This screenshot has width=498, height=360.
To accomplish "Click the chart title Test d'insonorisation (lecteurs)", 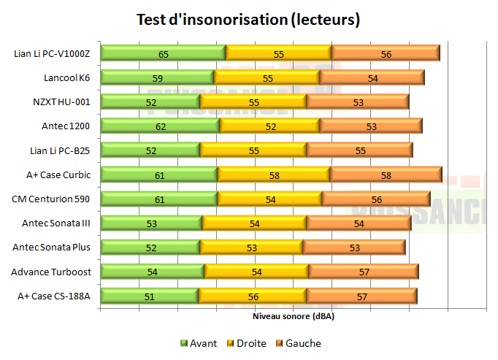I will [248, 20].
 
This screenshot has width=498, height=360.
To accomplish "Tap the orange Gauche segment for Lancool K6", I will [372, 77].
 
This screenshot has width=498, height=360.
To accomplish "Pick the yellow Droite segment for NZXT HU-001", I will [253, 102].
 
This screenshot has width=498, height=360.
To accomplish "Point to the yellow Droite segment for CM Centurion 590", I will [269, 199].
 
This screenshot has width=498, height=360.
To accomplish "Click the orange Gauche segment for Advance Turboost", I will [363, 272].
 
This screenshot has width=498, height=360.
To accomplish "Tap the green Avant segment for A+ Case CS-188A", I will [149, 296].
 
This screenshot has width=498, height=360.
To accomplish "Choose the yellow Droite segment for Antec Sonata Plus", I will [251, 247].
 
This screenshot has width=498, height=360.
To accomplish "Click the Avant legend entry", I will [198, 343].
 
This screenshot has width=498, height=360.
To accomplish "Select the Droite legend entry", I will [246, 343].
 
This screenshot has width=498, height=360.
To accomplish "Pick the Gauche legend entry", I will [297, 343].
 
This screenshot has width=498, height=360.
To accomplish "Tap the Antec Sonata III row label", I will [52, 223].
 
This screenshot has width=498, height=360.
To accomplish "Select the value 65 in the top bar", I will [164, 53].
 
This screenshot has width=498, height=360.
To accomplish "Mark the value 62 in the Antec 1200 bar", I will [160, 126].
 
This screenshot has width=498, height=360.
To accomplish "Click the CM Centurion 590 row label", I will [51, 199].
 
